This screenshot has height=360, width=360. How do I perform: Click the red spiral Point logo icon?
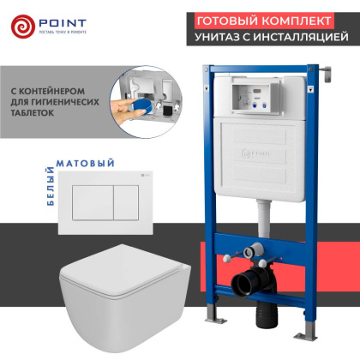[x=25, y=27]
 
